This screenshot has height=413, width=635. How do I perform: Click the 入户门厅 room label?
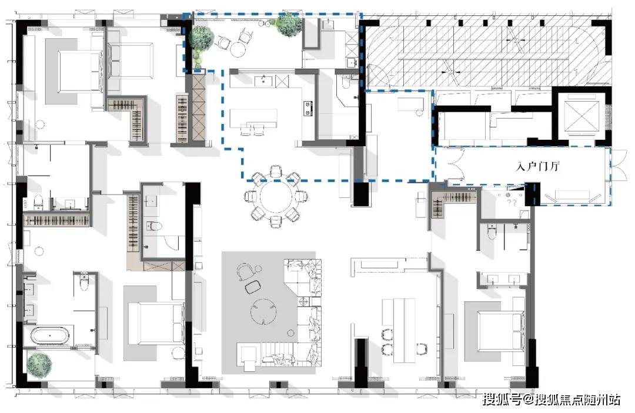pos(537,166)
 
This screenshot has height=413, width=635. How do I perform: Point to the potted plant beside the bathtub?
pos(39,364)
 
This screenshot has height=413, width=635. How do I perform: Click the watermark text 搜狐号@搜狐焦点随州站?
pos(551,399)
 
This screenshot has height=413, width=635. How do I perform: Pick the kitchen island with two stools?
pos(253,119)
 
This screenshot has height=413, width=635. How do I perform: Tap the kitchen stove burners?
pos(308,108)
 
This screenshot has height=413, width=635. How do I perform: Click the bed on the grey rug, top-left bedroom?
pos(80,71)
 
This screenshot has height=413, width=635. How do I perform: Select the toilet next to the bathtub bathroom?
pos(84,281)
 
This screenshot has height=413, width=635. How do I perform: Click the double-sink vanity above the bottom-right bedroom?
pos(503,279)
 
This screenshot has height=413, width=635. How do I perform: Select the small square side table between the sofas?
pos(303,301)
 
